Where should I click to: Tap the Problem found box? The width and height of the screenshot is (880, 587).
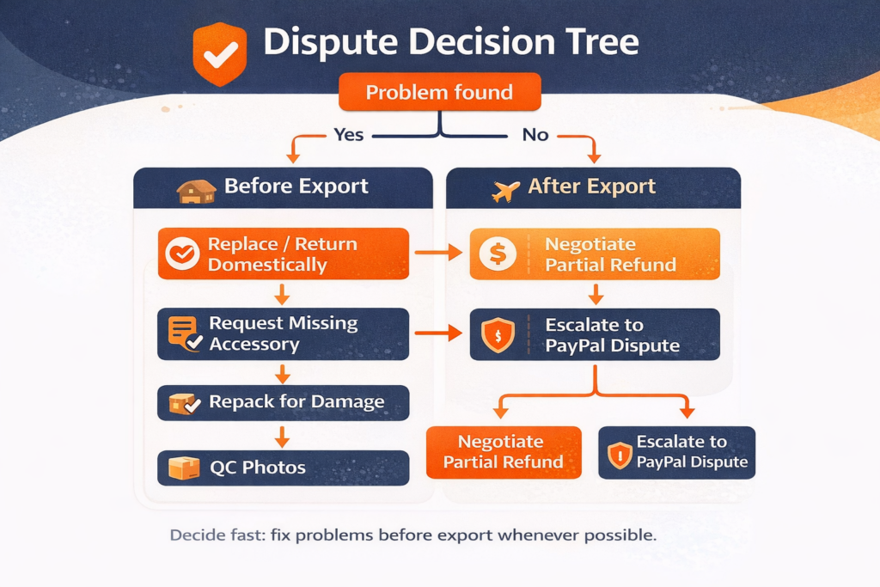pyautogui.click(x=439, y=92)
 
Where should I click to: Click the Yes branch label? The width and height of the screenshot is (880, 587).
pyautogui.click(x=348, y=135)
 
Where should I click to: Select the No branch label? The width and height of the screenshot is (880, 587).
pyautogui.click(x=535, y=135)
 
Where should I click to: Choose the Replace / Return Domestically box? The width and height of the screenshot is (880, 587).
pyautogui.click(x=283, y=254)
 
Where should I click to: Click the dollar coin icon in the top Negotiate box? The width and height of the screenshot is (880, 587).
pyautogui.click(x=498, y=254)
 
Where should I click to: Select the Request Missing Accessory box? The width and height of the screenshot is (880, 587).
pyautogui.click(x=283, y=333)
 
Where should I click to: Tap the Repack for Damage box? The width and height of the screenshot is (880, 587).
pyautogui.click(x=283, y=402)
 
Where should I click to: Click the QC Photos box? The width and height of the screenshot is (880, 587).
pyautogui.click(x=283, y=468)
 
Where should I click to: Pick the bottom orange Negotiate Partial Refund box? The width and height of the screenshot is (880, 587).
pyautogui.click(x=504, y=452)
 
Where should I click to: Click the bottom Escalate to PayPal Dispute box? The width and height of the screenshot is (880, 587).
pyautogui.click(x=675, y=452)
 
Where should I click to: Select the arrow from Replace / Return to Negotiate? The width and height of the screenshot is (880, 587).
pyautogui.click(x=438, y=253)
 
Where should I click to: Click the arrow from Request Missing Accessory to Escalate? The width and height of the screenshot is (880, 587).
pyautogui.click(x=438, y=333)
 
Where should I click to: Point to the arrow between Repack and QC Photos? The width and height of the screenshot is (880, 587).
pyautogui.click(x=280, y=435)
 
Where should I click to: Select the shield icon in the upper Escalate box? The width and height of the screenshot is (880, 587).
pyautogui.click(x=498, y=334)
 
